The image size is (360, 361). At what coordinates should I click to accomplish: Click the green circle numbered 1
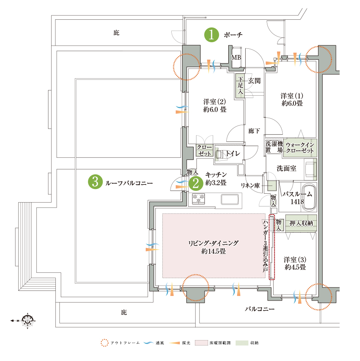[x=212, y=35]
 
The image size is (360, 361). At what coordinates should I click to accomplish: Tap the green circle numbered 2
[x=196, y=184]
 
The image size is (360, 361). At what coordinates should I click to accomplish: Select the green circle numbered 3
[x=95, y=182]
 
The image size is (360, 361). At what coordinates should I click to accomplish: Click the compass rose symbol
[x=28, y=320]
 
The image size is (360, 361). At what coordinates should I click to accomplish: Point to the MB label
[x=236, y=57]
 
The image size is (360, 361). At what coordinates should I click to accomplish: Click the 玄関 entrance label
[x=254, y=81]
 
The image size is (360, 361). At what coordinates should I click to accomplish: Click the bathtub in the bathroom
[x=308, y=197]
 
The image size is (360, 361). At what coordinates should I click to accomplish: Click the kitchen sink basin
[x=230, y=199]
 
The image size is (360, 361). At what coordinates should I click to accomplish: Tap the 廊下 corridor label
[x=254, y=131]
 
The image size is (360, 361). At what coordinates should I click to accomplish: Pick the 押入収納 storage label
[x=301, y=223]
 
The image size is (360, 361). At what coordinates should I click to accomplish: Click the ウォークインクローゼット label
[x=300, y=148]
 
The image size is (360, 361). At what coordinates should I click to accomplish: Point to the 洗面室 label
[x=286, y=168]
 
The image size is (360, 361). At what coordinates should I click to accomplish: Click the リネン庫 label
[x=250, y=185]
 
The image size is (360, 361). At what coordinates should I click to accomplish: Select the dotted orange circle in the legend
[x=104, y=343]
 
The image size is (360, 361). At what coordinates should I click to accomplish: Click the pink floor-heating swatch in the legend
[x=201, y=343]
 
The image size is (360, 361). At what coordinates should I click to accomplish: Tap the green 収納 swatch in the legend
[x=242, y=343]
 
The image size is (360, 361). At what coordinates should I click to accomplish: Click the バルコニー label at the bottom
[x=260, y=309]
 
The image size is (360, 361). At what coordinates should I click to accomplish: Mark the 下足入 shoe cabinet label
[x=240, y=86]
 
